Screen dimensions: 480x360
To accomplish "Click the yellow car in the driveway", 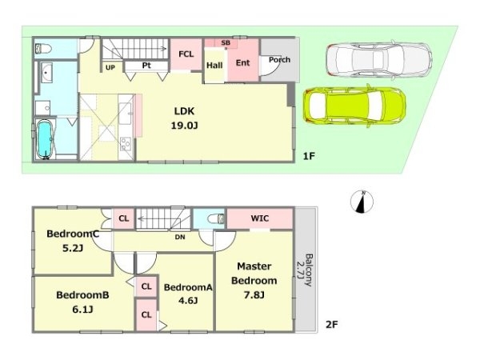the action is pos(354,106).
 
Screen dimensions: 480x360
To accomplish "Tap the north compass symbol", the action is pos(362,202).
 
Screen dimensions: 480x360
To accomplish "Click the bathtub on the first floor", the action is pos(45,139).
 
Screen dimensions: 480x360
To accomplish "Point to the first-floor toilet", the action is pos(43,49).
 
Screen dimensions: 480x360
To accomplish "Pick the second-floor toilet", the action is pos(216,219).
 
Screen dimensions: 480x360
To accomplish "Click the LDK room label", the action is pos(184,111).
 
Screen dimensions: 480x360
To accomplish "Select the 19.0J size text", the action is pos(184,126).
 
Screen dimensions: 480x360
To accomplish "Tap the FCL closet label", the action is pos(186,54).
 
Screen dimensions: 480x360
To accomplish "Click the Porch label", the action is pos(279,60).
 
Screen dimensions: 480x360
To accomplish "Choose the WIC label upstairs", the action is pos(260,218).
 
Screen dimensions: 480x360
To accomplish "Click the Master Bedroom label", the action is pos(254,274).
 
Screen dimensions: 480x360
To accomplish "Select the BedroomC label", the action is pos(73,234).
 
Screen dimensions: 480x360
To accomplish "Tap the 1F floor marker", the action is pos(309,157).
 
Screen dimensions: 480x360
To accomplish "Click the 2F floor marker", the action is pos(331,325).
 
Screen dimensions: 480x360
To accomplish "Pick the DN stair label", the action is pos(180,237).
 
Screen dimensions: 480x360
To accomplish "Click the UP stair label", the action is pos(110,67).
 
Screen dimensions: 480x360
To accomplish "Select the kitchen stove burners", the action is pos(126,144).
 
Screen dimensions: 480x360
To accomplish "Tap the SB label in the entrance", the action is pos(226,43).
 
